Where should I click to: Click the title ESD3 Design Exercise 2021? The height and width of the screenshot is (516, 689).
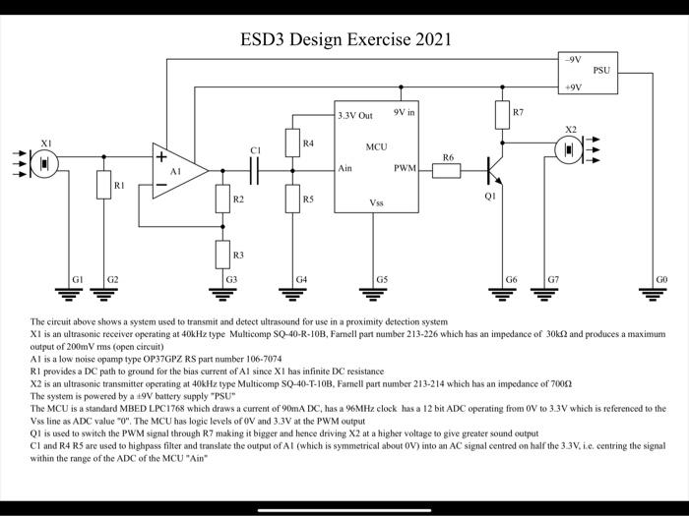tap(345, 40)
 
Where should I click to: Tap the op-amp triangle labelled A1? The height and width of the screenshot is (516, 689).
tap(178, 170)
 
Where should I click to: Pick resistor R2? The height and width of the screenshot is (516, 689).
tap(222, 200)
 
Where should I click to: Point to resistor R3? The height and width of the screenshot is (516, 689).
tap(222, 256)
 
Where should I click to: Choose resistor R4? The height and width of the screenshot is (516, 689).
tap(292, 143)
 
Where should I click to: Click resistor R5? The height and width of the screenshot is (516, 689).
tap(292, 200)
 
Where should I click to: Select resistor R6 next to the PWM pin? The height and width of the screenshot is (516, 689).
tap(447, 170)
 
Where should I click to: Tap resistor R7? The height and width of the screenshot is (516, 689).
tap(502, 114)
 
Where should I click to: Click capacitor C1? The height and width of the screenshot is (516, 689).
tap(255, 170)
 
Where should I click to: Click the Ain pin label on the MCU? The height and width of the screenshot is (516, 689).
tap(345, 169)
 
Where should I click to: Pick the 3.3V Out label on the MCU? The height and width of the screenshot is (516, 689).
tap(355, 116)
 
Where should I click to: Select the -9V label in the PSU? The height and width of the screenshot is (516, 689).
tap(573, 60)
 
